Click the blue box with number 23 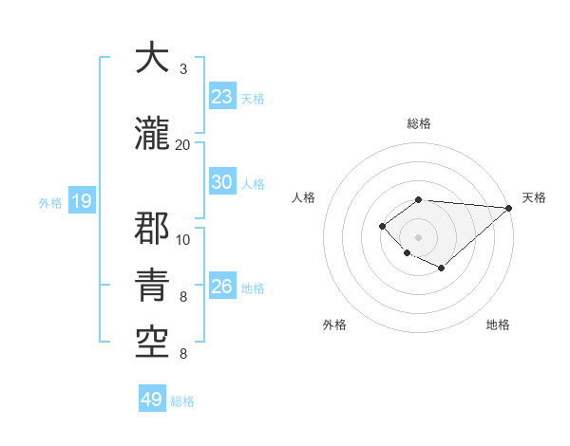click(x=222, y=97)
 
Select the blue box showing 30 click(x=222, y=182)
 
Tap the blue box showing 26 click(x=222, y=287)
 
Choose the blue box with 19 click(x=81, y=201)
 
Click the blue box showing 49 click(x=152, y=400)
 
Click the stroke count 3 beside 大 click(x=182, y=69)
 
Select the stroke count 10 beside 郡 click(x=183, y=240)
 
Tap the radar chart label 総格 click(x=418, y=123)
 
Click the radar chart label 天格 click(x=534, y=197)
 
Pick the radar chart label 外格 click(x=334, y=325)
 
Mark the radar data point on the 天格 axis click(x=509, y=208)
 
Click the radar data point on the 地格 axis click(x=442, y=269)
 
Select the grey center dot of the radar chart click(x=418, y=236)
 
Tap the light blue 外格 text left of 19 click(x=49, y=202)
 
